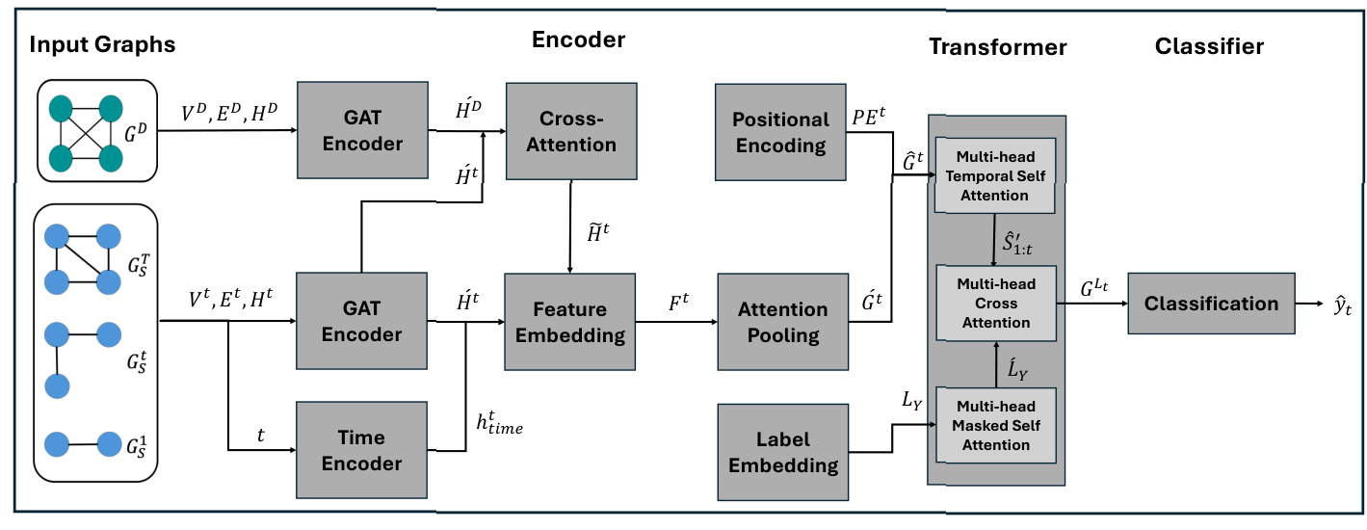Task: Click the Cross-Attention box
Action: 571,131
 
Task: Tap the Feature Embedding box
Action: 570,322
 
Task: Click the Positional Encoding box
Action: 779,132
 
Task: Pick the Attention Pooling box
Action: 782,322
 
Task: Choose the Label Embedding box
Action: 782,452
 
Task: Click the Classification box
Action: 1210,304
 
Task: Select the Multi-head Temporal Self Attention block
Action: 996,176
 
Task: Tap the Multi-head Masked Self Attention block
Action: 996,426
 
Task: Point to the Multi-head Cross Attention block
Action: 996,304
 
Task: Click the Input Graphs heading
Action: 102,44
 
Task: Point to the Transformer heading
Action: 997,47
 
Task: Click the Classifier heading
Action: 1209,45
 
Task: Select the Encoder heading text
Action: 578,40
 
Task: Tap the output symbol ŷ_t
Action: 1342,305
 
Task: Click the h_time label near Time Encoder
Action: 499,422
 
